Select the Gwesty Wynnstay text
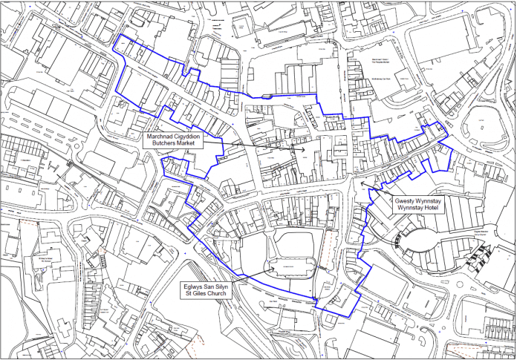(x=420, y=201)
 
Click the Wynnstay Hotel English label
(x=420, y=209)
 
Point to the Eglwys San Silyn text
(x=207, y=285)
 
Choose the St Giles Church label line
(x=207, y=293)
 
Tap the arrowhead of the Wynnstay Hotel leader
(x=361, y=181)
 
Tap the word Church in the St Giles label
(x=220, y=293)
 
